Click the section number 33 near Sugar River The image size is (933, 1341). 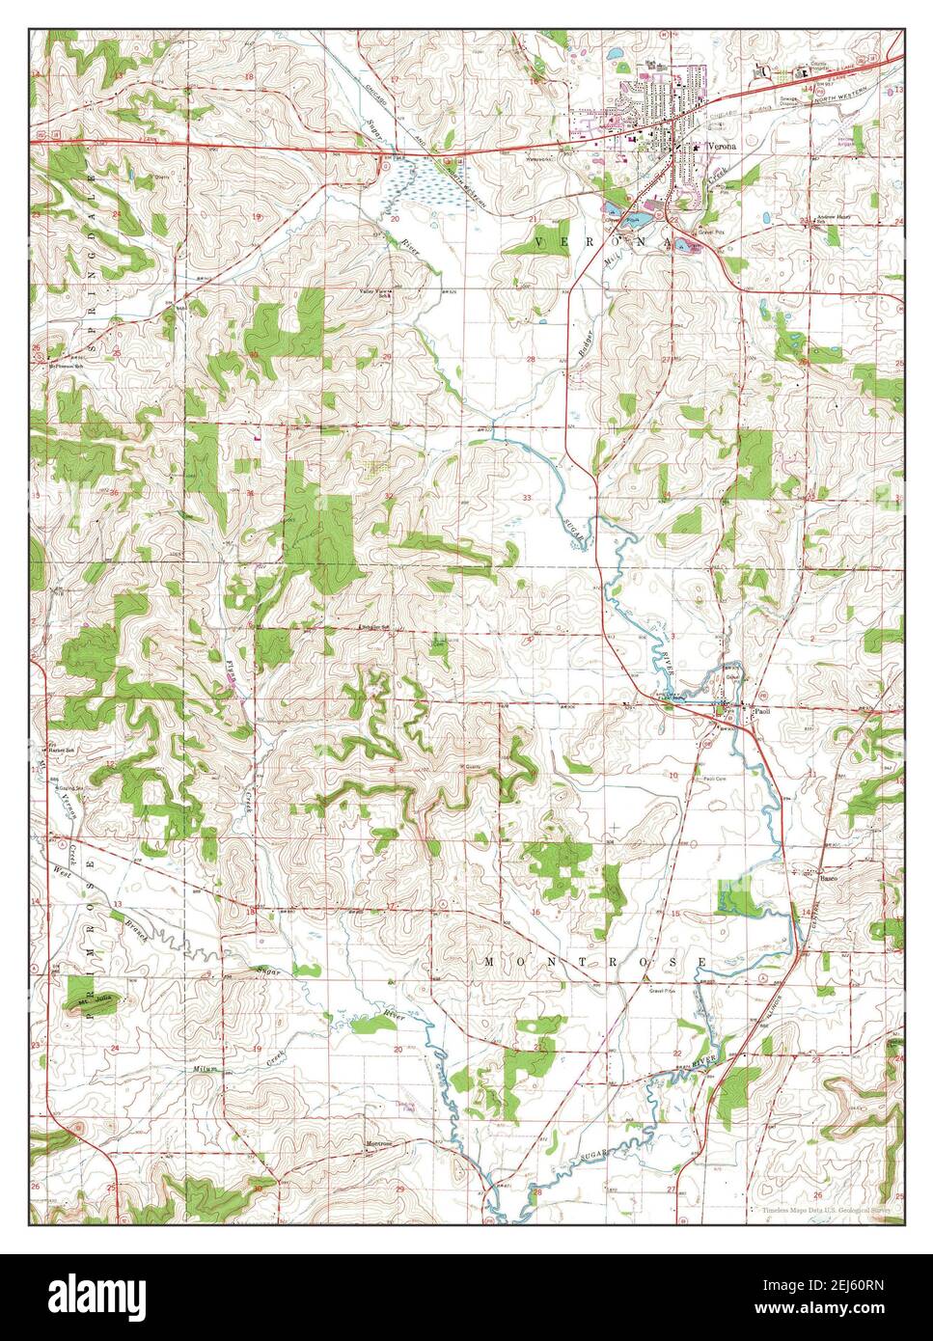(527, 497)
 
